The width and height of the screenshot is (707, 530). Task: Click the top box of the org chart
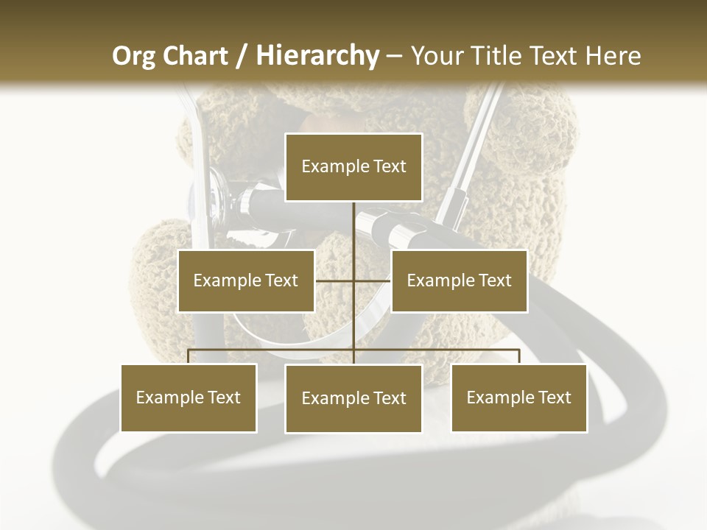pyautogui.click(x=353, y=167)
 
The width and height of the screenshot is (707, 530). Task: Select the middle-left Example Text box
pyautogui.click(x=246, y=280)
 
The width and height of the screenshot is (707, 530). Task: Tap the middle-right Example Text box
pyautogui.click(x=459, y=280)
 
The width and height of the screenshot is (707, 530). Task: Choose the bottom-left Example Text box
pyautogui.click(x=189, y=397)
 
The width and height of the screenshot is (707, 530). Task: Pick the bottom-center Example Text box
pyautogui.click(x=353, y=398)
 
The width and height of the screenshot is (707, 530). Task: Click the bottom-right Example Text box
pyautogui.click(x=518, y=397)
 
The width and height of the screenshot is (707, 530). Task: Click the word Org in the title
pyautogui.click(x=133, y=56)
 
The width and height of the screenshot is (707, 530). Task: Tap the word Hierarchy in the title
pyautogui.click(x=317, y=56)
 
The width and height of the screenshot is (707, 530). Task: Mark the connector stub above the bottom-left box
pyautogui.click(x=189, y=357)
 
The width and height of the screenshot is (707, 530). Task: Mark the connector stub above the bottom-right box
pyautogui.click(x=519, y=357)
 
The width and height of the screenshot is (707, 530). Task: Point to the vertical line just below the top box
pyautogui.click(x=354, y=221)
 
